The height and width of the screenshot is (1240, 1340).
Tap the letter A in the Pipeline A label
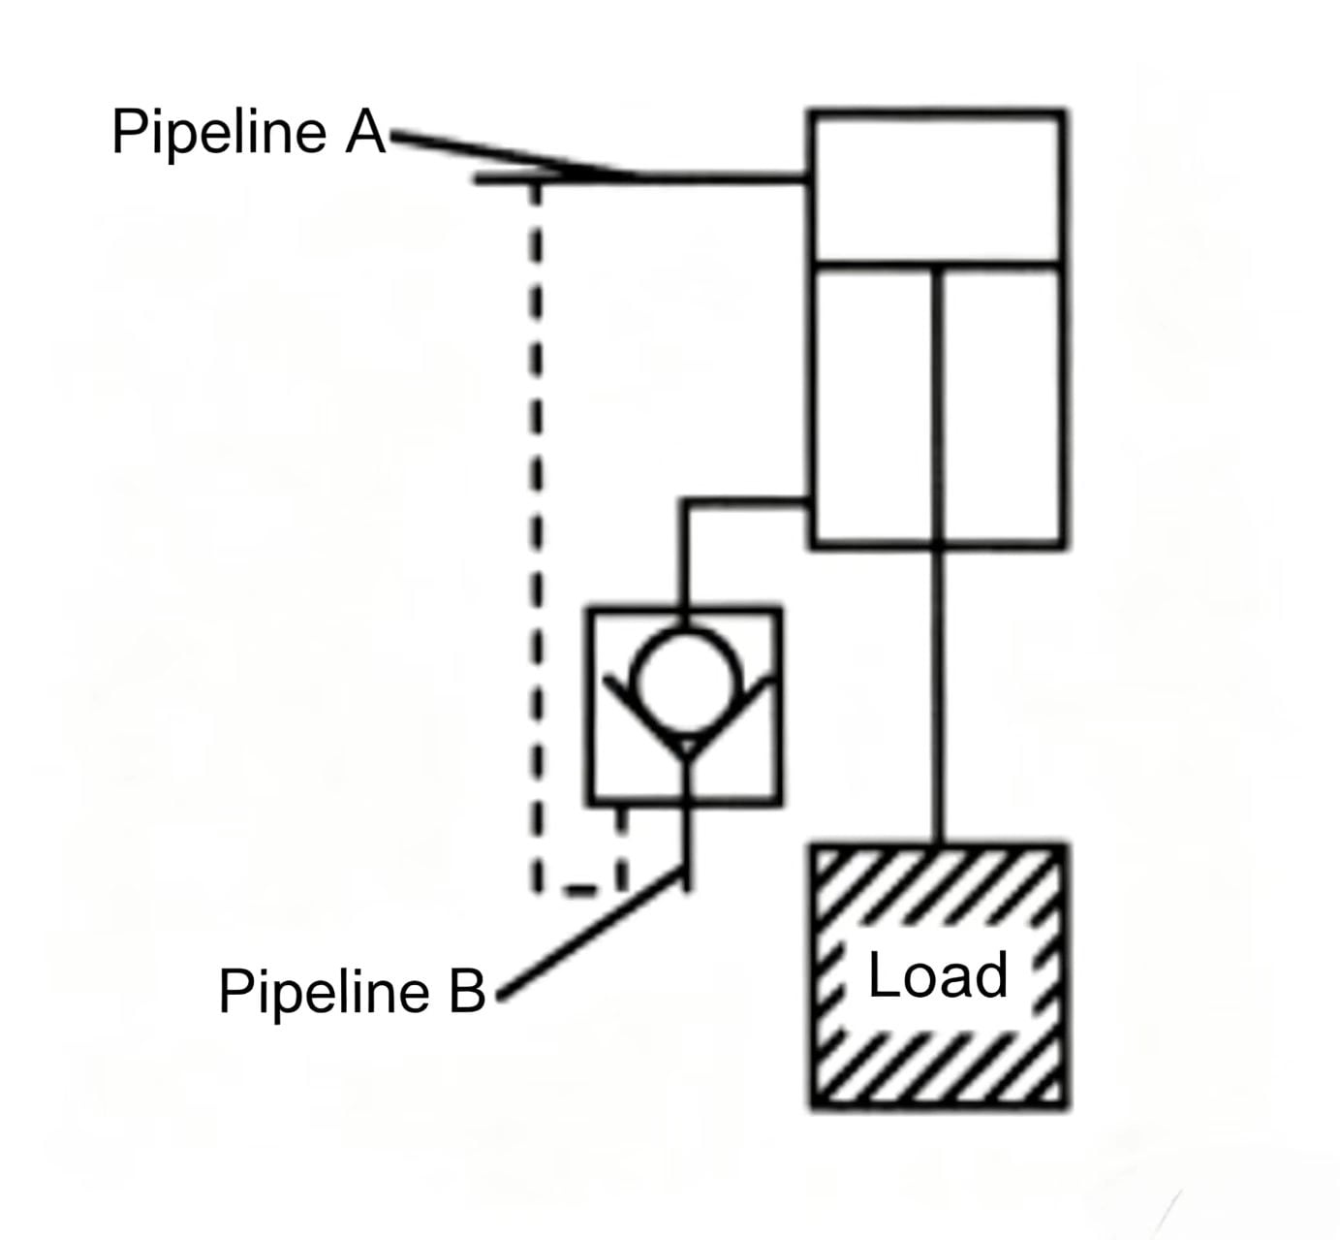(365, 131)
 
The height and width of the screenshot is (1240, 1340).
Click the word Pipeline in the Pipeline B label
(324, 994)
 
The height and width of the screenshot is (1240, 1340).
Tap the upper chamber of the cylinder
(938, 186)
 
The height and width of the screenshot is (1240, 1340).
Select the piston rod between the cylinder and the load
(939, 696)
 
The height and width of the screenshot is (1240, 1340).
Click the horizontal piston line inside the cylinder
(938, 264)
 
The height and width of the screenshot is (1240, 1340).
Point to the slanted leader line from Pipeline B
(591, 933)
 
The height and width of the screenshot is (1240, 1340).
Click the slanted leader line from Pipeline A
(516, 155)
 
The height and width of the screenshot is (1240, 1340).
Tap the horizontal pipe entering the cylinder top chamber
(642, 179)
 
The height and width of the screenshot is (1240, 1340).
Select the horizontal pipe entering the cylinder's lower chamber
(745, 501)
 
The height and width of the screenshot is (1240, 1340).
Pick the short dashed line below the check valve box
(621, 847)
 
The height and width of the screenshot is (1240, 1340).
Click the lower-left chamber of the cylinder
(874, 405)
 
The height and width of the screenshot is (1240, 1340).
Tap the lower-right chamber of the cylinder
(1001, 405)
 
